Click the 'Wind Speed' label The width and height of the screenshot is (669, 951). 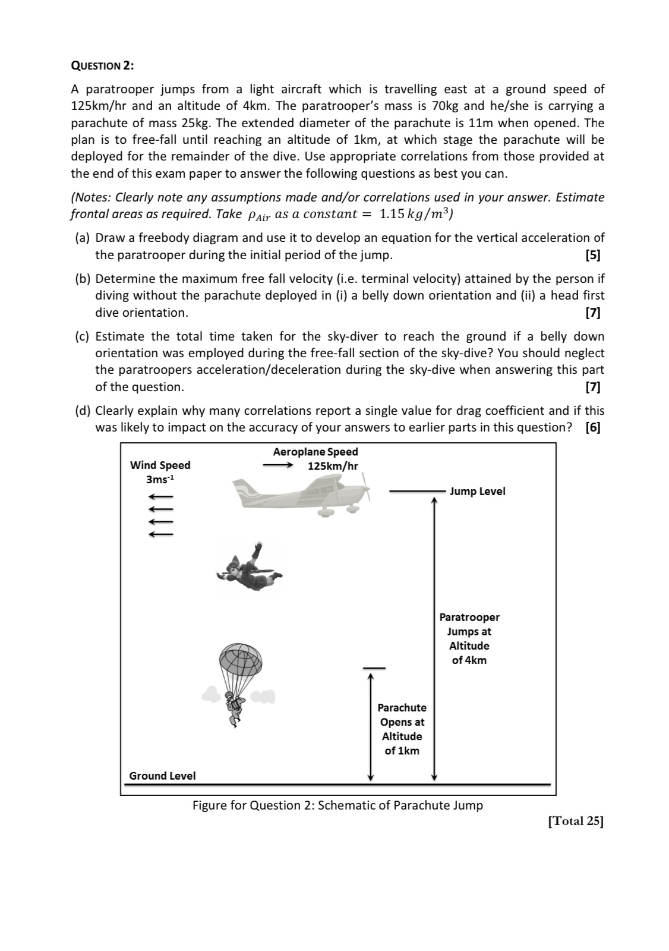(160, 465)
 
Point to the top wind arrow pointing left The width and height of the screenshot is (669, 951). (160, 497)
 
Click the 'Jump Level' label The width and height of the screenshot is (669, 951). (477, 492)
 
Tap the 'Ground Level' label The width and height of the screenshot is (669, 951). (162, 776)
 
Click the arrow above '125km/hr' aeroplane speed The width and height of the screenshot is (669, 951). (278, 465)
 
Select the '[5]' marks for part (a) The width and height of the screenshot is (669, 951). (592, 256)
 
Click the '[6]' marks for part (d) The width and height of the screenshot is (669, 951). (592, 427)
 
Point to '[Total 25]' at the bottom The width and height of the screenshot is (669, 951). (575, 821)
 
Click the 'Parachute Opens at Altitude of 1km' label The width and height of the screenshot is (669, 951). (402, 729)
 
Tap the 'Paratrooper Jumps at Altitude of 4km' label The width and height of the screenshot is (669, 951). (469, 639)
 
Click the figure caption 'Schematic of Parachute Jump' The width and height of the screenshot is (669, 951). (400, 805)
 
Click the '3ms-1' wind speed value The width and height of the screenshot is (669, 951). (160, 479)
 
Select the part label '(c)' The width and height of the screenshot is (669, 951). (83, 336)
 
